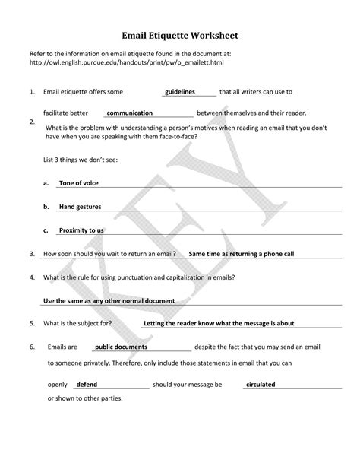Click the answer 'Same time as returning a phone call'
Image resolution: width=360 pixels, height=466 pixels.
point(241,253)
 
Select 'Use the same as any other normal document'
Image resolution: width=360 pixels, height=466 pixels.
point(109,301)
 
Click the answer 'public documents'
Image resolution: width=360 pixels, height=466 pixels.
point(121,347)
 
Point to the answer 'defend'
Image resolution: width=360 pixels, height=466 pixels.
point(87,385)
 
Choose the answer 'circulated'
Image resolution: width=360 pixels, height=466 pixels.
point(261,385)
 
